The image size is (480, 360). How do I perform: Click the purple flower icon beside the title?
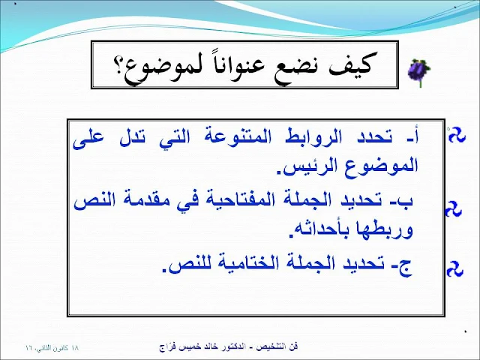pyautogui.click(x=419, y=72)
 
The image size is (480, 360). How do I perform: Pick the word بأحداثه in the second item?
pyautogui.click(x=322, y=229)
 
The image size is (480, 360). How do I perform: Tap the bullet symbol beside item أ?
pyautogui.click(x=457, y=135)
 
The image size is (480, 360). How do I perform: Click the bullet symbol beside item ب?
pyautogui.click(x=453, y=209)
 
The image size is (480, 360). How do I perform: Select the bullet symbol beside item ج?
pyautogui.click(x=455, y=269)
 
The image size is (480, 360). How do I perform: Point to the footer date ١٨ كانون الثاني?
pyautogui.click(x=52, y=348)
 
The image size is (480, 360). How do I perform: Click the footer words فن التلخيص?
pyautogui.click(x=277, y=346)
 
